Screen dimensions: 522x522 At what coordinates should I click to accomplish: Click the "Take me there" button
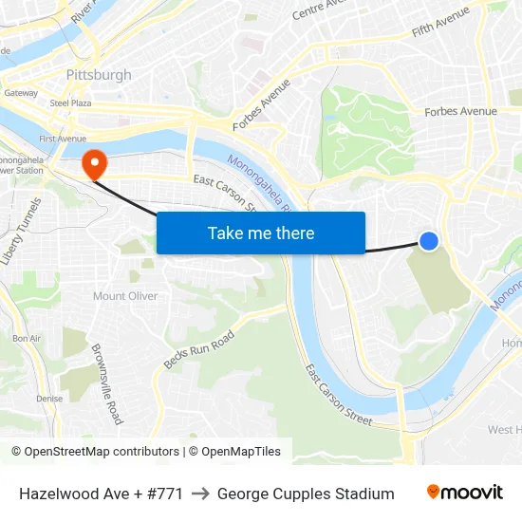pos(261,233)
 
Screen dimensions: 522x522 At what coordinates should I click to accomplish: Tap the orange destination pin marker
pos(94,163)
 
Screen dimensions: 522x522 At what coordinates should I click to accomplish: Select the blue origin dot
pos(429,241)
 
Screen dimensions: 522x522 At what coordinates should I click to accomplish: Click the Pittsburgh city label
pos(99,75)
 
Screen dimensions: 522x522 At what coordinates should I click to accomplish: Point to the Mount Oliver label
pos(125,296)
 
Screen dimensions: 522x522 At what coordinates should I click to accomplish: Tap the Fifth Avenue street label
pos(441,23)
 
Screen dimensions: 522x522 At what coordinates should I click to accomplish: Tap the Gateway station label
pos(20,93)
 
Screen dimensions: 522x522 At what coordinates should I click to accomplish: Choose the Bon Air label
pos(27,339)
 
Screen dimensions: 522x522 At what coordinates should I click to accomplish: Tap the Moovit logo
pos(465,493)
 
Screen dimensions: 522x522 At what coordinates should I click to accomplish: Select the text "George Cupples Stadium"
pos(306,494)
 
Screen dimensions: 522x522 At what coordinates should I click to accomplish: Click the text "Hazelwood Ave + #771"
pos(101,494)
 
